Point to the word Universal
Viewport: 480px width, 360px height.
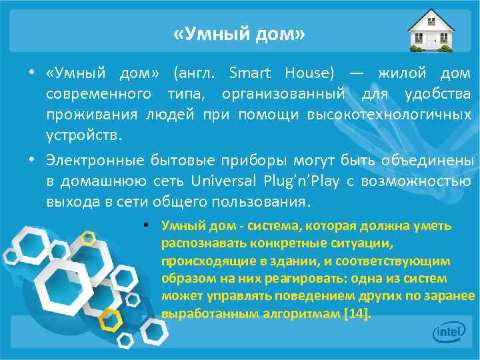point(221,181)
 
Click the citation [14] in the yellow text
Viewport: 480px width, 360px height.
point(356,313)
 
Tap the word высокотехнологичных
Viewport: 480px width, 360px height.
point(389,115)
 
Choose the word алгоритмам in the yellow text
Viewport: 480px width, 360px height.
point(304,313)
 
